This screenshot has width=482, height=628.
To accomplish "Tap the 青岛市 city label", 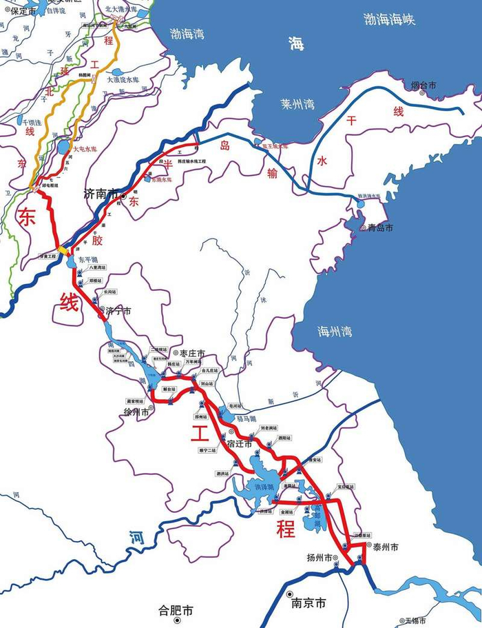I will pos(380,227).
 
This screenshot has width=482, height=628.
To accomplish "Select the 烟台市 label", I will pos(423,85).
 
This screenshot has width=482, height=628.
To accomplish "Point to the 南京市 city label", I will pos(308,603).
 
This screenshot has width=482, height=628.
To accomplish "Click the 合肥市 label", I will pos(176,610).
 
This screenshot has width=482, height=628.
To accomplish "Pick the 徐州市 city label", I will pos(137,412).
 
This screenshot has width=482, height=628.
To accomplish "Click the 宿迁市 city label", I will pos(239,444).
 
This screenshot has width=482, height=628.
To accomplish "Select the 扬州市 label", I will pos(320,557).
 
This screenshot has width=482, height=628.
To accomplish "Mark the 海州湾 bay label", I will pos(335,331).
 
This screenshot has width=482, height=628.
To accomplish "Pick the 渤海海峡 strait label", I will pos(390,20).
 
